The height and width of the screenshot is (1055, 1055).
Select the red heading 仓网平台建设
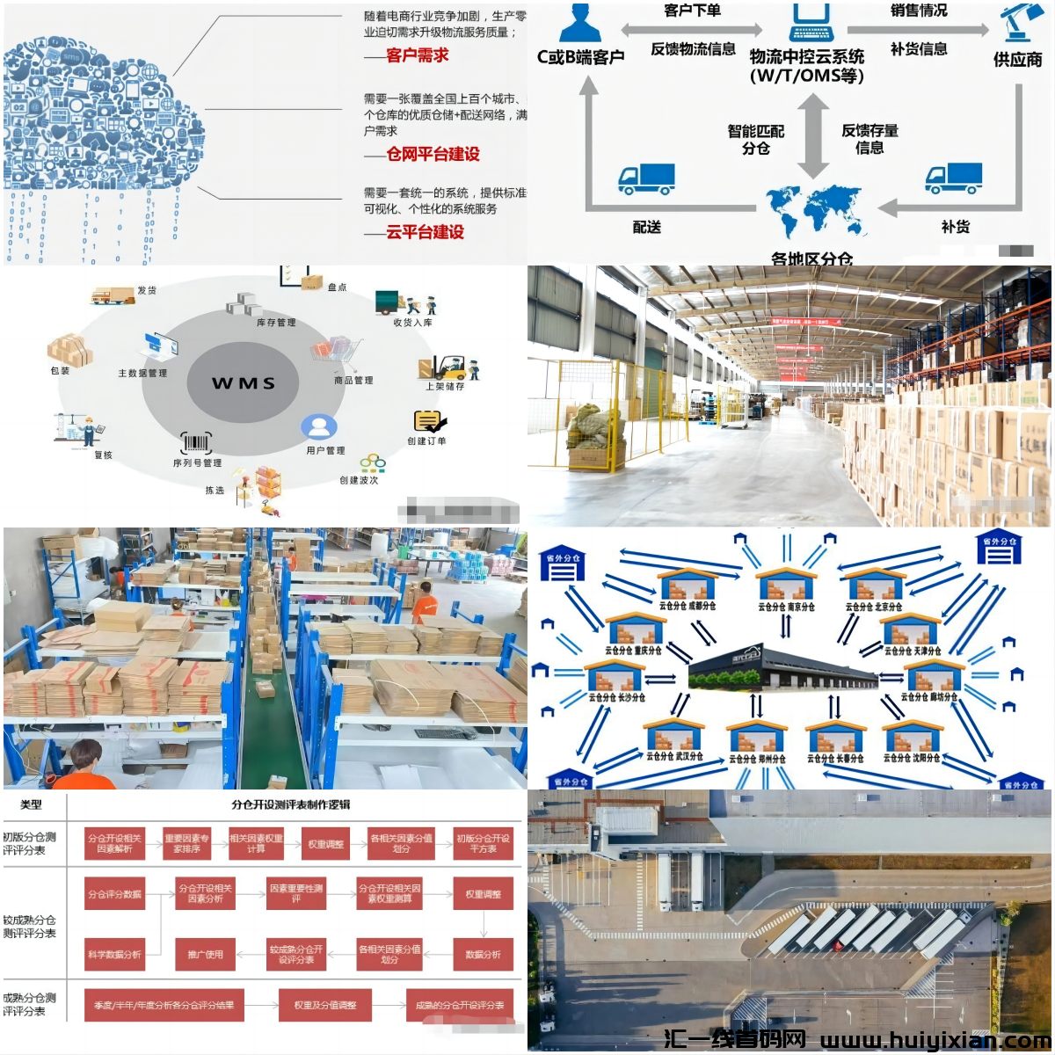click(x=433, y=155)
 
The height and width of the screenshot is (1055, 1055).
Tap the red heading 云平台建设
click(x=425, y=233)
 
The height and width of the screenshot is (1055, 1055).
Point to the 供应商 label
click(x=1017, y=60)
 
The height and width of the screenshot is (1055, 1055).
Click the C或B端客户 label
click(x=580, y=58)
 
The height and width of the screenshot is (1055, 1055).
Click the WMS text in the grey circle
click(x=244, y=383)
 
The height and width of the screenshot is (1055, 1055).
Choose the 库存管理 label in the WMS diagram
click(x=276, y=323)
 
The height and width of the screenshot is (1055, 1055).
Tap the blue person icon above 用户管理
click(x=318, y=427)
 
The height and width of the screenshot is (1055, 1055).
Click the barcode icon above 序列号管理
click(x=196, y=442)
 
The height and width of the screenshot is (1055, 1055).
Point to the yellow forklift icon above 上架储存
click(x=448, y=366)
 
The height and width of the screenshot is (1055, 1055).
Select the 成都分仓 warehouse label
click(x=688, y=606)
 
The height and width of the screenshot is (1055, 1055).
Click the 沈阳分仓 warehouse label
click(x=912, y=758)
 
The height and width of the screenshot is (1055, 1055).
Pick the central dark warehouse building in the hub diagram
click(x=782, y=668)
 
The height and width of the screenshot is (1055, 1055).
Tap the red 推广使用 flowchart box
click(x=206, y=955)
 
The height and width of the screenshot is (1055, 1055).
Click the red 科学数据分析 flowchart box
click(x=114, y=955)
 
